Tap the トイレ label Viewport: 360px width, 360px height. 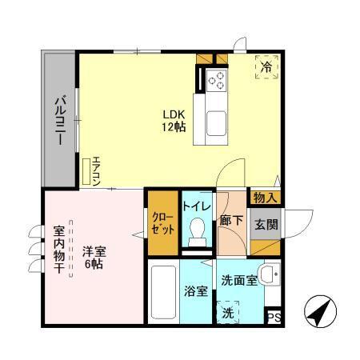197,206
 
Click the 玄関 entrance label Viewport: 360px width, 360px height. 267,224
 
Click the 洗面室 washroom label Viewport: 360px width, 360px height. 240,281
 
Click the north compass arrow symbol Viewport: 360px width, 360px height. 322,313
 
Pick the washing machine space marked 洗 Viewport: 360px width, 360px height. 230,312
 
